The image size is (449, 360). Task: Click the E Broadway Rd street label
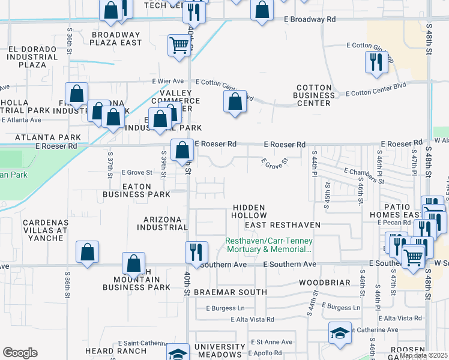coord(309,19)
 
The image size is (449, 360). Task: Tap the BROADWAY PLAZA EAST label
coord(116,38)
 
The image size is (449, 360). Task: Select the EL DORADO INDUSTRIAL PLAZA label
coord(32,57)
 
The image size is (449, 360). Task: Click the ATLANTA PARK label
coord(40,137)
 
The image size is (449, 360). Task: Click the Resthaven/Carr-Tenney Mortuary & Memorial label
coord(268,245)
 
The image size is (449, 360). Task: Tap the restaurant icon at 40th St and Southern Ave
coord(196,252)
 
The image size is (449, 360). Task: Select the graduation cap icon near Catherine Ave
coord(339,334)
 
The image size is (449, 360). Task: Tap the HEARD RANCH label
coord(115,351)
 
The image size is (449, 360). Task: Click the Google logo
coord(20,353)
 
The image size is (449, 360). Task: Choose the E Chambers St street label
coord(364,176)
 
